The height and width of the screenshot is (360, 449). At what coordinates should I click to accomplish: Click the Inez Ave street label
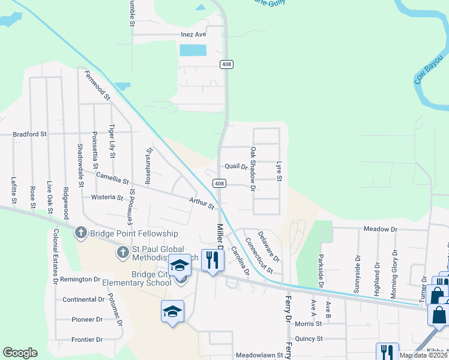(x=193, y=34)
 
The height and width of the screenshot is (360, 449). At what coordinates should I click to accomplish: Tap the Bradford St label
(x=29, y=134)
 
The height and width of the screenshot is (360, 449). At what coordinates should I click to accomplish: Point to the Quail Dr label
(x=236, y=166)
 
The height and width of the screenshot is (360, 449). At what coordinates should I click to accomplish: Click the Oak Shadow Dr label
(x=253, y=169)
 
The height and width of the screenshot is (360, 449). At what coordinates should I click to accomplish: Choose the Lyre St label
(x=279, y=170)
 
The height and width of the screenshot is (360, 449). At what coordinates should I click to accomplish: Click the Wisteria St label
(x=107, y=197)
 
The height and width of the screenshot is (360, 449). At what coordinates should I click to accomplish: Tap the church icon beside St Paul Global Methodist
(x=122, y=251)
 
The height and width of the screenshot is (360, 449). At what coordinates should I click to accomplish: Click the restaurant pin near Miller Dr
(x=210, y=260)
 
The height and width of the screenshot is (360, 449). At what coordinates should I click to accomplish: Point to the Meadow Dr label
(x=381, y=229)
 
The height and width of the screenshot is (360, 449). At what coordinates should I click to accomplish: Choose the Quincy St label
(x=309, y=338)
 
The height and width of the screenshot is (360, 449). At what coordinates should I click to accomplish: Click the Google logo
(x=20, y=353)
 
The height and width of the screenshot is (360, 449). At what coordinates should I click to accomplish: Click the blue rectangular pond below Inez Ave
(x=193, y=50)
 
